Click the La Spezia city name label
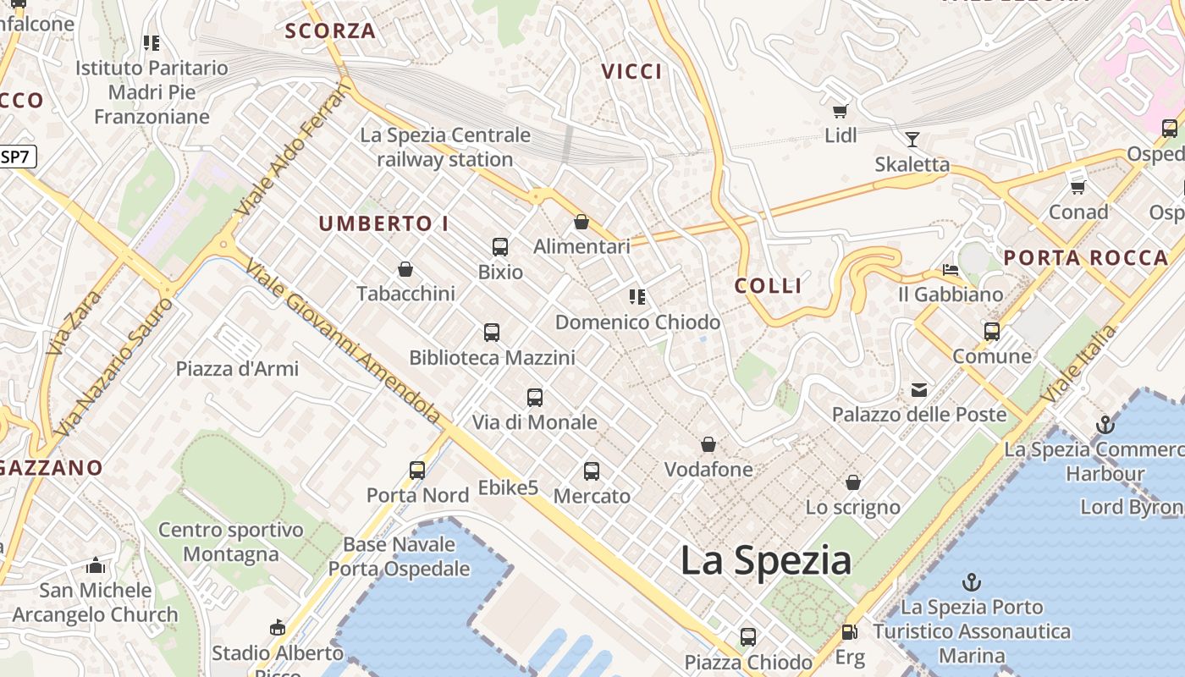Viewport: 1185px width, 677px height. tap(766, 561)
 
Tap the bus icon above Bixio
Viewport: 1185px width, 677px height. tap(500, 247)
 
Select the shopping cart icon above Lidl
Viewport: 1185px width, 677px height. tap(841, 112)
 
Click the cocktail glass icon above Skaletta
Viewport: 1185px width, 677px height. tap(912, 139)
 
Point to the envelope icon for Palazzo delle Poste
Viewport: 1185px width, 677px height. tap(919, 390)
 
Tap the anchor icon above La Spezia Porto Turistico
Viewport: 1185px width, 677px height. tap(972, 582)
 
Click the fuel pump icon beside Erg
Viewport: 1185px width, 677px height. tap(849, 632)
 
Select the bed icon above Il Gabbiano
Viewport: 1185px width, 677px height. tap(951, 270)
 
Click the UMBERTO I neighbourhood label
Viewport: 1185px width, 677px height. tap(383, 224)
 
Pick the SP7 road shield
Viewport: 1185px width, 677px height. tap(17, 157)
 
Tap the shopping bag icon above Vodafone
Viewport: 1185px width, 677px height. tap(708, 444)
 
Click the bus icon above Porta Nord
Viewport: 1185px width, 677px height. tap(417, 470)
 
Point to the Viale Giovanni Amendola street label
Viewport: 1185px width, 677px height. tap(343, 342)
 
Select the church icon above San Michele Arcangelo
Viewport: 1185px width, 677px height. tap(96, 565)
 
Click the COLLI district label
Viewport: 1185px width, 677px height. tap(769, 286)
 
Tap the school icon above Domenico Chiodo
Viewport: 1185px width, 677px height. tap(637, 297)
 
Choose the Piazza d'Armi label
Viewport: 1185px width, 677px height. tap(237, 369)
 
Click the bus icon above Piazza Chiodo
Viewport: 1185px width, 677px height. tap(748, 636)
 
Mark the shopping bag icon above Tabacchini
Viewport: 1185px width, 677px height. tap(405, 269)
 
